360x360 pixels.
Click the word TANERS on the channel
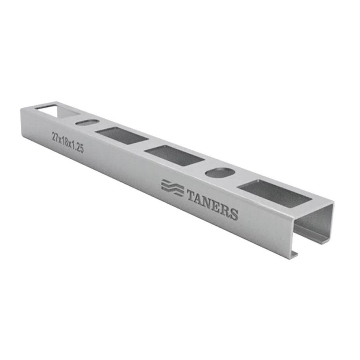212,204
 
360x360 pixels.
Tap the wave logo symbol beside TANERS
172,188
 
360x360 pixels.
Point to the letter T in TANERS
192,195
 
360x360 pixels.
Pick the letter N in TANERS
209,203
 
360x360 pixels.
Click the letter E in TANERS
218,206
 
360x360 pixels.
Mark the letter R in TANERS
226,210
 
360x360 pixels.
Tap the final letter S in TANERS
234,214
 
